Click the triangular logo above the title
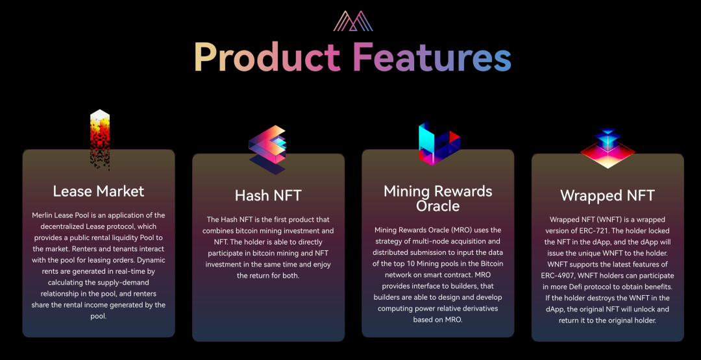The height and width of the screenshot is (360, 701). coord(354,21)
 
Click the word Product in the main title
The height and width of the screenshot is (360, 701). coord(267,57)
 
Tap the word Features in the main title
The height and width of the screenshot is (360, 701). coord(432,57)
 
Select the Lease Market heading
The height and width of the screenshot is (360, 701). coord(99,191)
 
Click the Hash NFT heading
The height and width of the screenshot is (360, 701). coord(268,195)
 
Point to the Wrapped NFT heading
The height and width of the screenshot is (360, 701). coord(608,195)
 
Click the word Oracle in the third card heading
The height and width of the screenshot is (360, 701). coord(437,206)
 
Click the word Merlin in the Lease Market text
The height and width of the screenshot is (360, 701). coord(44,215)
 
